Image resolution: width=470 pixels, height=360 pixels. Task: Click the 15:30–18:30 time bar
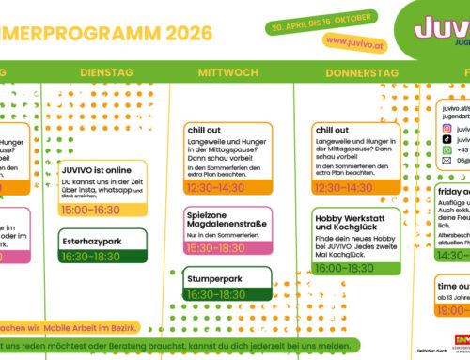click(x=217, y=247)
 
